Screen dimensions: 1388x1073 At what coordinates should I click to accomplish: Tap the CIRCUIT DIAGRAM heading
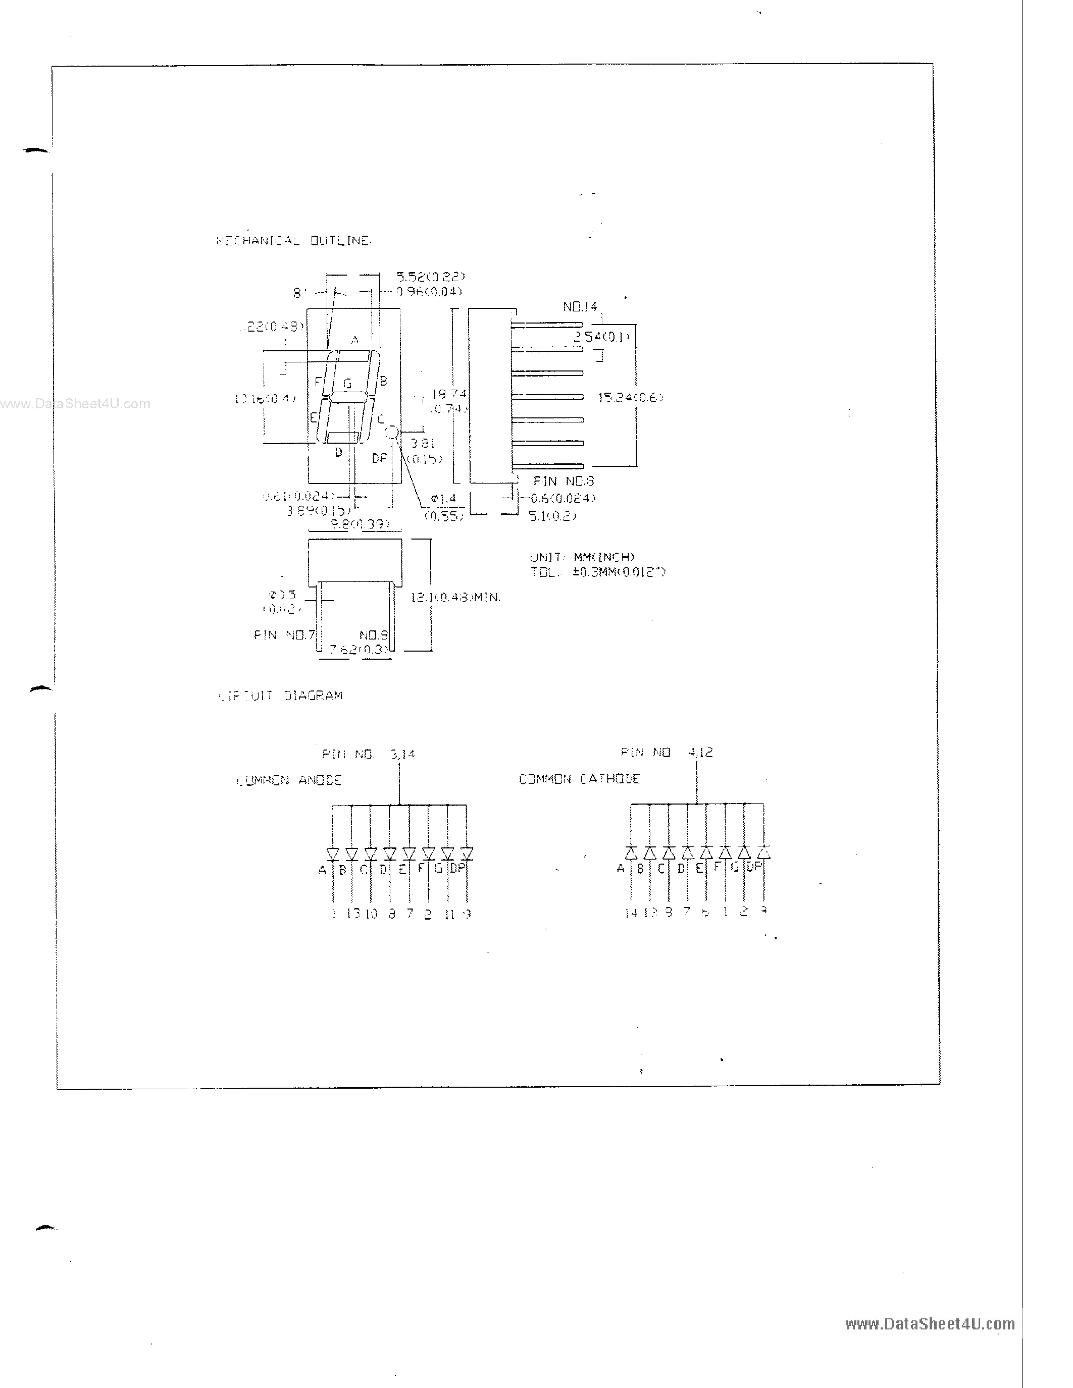coord(280,696)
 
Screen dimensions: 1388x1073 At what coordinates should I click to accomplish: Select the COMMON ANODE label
coord(289,780)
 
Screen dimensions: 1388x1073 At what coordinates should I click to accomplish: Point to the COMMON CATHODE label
coord(579,779)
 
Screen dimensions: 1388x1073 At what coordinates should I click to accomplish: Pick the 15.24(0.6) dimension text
coord(630,398)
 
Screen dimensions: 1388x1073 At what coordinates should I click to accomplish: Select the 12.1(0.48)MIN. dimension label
coord(455,598)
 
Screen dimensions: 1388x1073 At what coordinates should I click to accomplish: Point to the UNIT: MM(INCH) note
coord(582,557)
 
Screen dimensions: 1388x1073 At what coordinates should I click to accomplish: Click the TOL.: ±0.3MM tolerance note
coord(597,572)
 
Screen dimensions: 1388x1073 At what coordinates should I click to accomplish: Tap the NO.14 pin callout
coord(580,307)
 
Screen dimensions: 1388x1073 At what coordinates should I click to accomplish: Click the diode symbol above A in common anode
coord(332,853)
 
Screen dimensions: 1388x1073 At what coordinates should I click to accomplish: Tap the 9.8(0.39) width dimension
coord(360,524)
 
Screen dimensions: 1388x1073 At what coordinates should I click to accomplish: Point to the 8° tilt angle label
coord(299,293)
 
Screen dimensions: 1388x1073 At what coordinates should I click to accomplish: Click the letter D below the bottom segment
coord(339,452)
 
